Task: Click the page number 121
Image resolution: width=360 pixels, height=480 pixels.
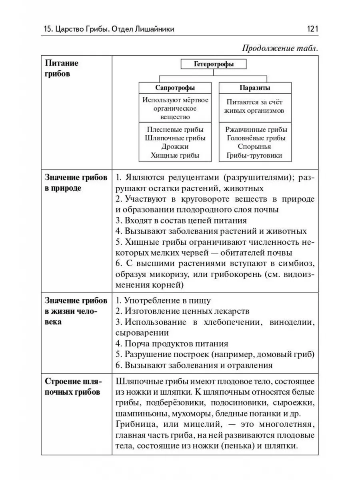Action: click(312, 29)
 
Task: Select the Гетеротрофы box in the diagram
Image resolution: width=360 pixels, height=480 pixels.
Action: click(214, 64)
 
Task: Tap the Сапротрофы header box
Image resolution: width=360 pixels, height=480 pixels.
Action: click(175, 88)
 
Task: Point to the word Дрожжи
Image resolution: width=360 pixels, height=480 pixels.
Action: click(175, 147)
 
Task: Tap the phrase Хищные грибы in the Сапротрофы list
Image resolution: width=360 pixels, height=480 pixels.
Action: click(175, 156)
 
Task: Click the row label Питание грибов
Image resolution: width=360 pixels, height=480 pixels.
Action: click(62, 68)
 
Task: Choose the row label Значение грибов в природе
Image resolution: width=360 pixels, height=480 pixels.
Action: click(76, 183)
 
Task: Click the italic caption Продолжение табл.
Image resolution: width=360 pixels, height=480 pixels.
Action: click(280, 49)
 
